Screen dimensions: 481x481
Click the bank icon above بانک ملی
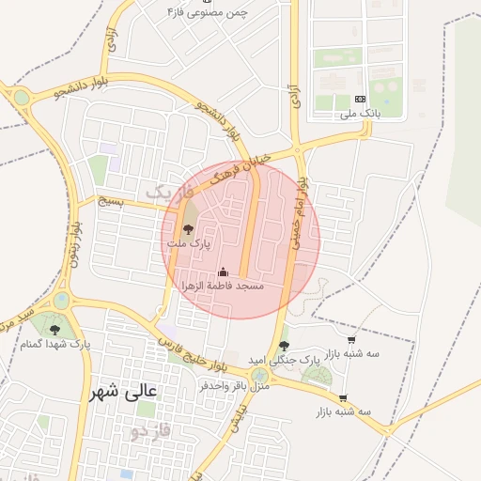pos(360,99)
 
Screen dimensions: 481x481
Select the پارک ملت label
pos(189,243)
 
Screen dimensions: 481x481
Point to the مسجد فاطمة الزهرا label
pos(223,285)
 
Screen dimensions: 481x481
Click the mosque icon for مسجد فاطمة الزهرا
pos(223,272)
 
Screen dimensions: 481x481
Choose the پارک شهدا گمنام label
pos(56,345)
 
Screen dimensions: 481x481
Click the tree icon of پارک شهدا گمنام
pos(54,330)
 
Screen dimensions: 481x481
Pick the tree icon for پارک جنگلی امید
pos(284,346)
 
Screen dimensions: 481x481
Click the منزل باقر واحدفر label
pos(235,385)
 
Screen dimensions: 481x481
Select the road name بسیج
pos(110,201)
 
